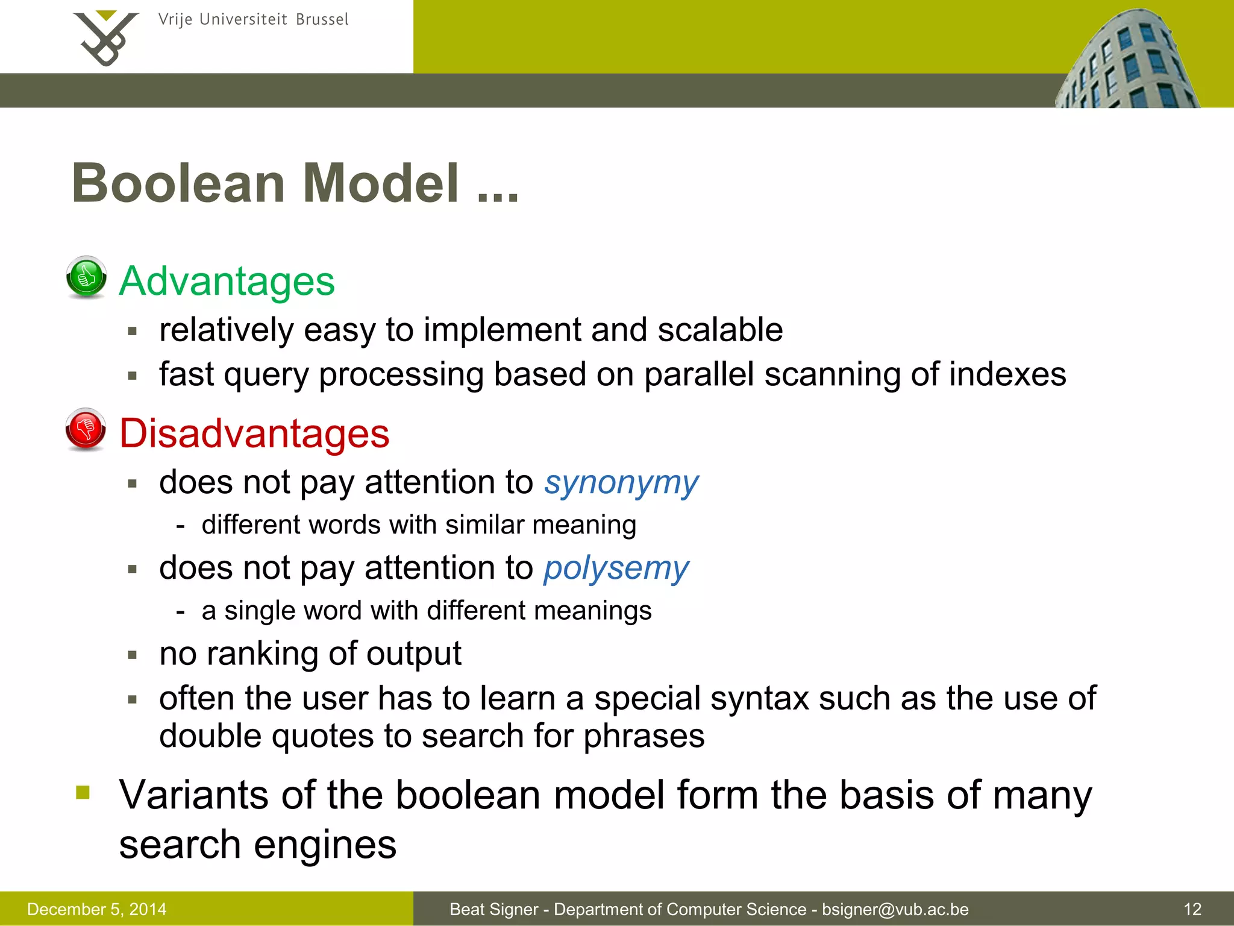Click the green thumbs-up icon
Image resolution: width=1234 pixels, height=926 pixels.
click(86, 277)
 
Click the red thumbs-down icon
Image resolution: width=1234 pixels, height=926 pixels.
click(86, 429)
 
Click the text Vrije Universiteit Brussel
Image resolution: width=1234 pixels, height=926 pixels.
click(253, 20)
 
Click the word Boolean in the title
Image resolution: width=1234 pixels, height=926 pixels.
click(178, 183)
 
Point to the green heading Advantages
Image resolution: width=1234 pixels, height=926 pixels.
click(227, 281)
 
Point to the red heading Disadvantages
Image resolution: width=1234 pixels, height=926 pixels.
click(254, 433)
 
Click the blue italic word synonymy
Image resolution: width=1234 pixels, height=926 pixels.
click(621, 483)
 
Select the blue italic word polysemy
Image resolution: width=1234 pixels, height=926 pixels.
click(616, 569)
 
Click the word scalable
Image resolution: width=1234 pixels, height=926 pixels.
click(720, 330)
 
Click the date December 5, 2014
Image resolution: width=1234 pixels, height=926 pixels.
click(97, 909)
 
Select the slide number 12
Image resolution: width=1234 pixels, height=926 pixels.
click(1192, 909)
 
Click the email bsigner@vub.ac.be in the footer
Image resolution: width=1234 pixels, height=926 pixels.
click(895, 909)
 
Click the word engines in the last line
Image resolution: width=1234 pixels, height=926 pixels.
click(325, 845)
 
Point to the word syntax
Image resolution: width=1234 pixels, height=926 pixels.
click(759, 699)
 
